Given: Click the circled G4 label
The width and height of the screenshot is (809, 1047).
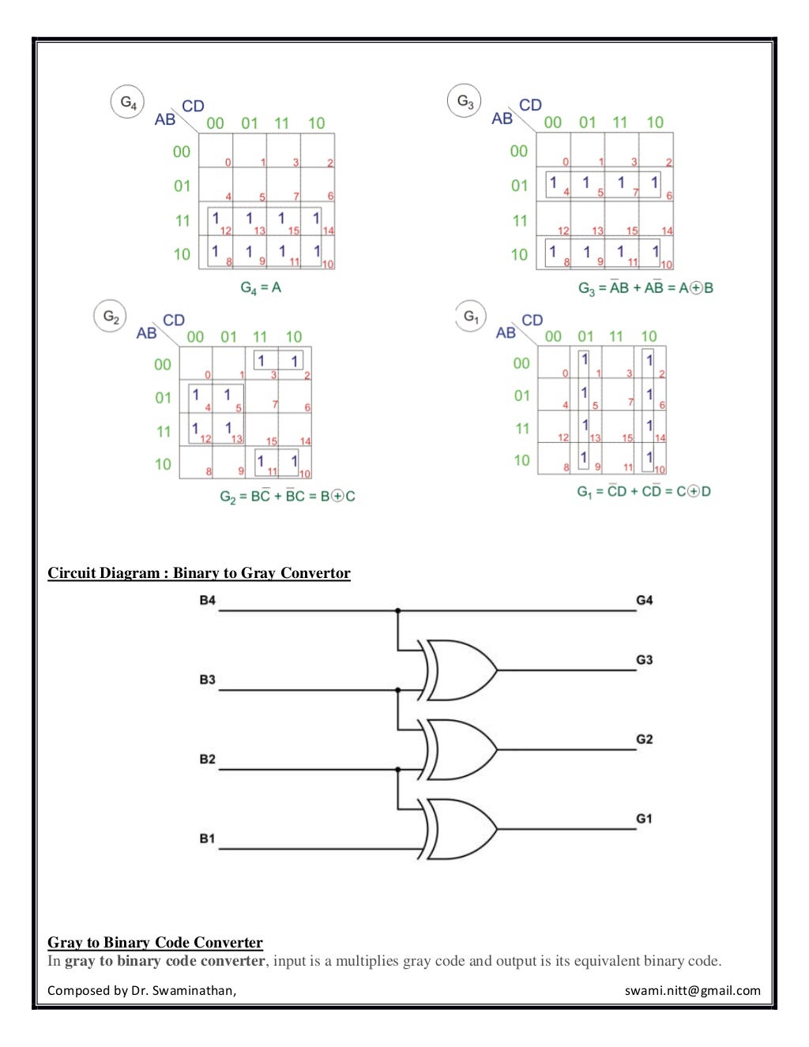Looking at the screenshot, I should tap(127, 103).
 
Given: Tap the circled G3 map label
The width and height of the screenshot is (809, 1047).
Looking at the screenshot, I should tap(465, 102).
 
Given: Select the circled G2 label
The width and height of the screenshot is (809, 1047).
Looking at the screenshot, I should tap(111, 317).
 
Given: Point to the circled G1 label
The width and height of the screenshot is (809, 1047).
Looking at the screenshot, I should tap(472, 317).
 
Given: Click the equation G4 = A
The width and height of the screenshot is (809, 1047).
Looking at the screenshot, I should tap(261, 288).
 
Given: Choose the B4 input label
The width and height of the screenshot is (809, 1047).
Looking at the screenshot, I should tap(207, 600).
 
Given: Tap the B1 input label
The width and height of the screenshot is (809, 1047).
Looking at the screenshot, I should tap(207, 839).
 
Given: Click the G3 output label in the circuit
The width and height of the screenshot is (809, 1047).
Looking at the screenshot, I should tap(644, 660).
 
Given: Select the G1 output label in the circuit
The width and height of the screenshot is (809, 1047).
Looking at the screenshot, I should tap(644, 819).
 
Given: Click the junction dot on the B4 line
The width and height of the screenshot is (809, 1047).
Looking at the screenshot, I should tap(397, 610).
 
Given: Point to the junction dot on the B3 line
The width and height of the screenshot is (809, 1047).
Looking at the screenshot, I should tap(397, 690).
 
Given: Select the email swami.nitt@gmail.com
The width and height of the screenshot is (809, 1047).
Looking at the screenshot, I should tap(692, 990).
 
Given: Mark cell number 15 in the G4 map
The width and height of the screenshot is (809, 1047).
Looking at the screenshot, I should tap(284, 220).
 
